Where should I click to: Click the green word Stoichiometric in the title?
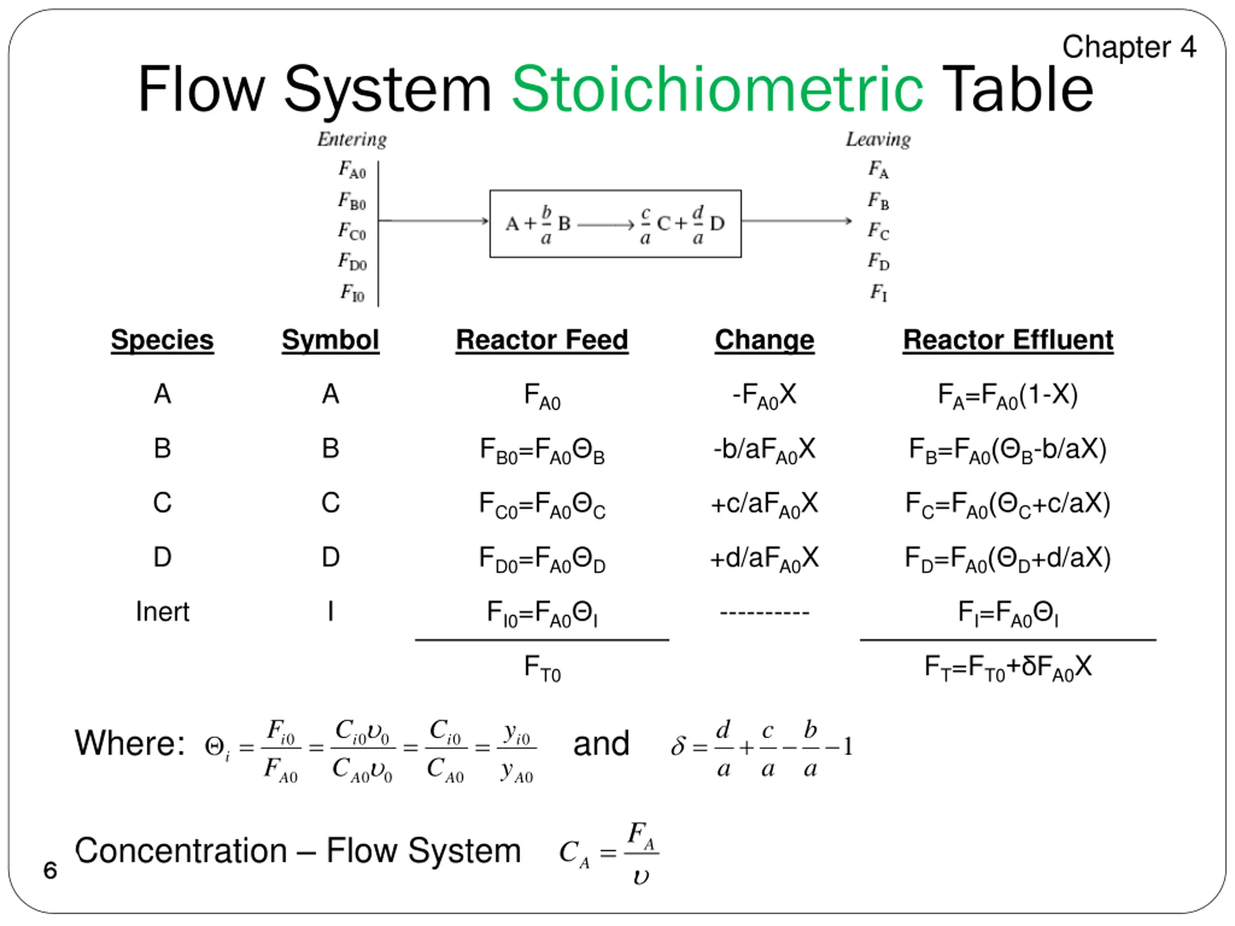click(x=717, y=89)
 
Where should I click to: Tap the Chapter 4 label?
click(x=1129, y=47)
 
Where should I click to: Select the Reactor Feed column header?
click(x=542, y=340)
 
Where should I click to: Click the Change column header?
click(x=764, y=340)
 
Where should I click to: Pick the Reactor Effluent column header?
click(x=1008, y=340)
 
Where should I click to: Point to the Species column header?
click(x=162, y=340)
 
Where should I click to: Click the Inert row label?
click(x=163, y=612)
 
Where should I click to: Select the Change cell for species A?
click(x=764, y=395)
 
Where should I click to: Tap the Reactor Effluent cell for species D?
click(x=1008, y=558)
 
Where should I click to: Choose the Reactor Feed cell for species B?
click(x=542, y=450)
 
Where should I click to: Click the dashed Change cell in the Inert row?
click(x=764, y=613)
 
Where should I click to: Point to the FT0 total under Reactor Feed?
click(x=542, y=667)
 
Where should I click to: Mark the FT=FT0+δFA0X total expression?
click(x=1008, y=667)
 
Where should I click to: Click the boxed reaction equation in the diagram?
click(x=615, y=224)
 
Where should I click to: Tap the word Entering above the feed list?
click(x=352, y=139)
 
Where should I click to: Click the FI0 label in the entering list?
click(x=352, y=292)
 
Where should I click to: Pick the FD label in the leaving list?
click(x=878, y=261)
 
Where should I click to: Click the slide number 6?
click(x=50, y=870)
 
